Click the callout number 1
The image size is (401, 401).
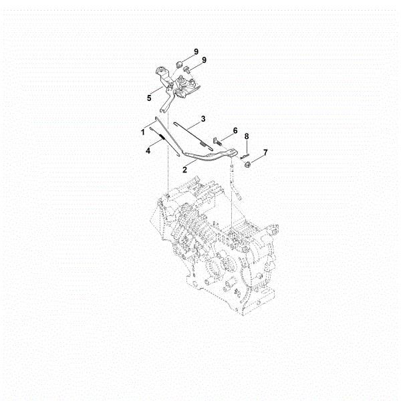pyautogui.click(x=142, y=132)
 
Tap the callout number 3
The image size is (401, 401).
pyautogui.click(x=203, y=118)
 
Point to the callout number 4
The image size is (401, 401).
pyautogui.click(x=148, y=151)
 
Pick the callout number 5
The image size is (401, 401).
pyautogui.click(x=149, y=98)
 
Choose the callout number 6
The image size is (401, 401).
pyautogui.click(x=235, y=130)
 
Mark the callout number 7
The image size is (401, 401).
pyautogui.click(x=265, y=152)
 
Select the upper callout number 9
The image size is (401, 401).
pyautogui.click(x=196, y=51)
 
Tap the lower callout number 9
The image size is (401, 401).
pyautogui.click(x=204, y=60)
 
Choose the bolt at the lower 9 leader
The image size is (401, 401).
pyautogui.click(x=188, y=69)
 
